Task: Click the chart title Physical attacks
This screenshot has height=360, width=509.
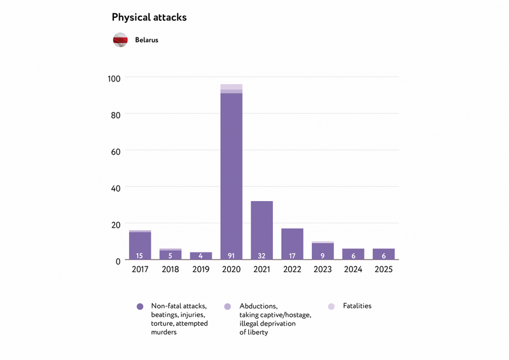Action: pyautogui.click(x=149, y=18)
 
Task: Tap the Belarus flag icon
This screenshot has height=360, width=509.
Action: pyautogui.click(x=121, y=40)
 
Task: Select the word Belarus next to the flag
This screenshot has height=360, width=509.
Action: pyautogui.click(x=146, y=40)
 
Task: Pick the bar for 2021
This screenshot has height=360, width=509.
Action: pyautogui.click(x=261, y=229)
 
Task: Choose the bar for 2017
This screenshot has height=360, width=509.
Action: pyautogui.click(x=140, y=245)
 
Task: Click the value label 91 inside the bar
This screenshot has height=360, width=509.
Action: pyautogui.click(x=231, y=256)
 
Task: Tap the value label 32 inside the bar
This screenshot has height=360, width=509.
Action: pyautogui.click(x=261, y=256)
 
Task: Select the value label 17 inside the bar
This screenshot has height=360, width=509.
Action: pyautogui.click(x=292, y=256)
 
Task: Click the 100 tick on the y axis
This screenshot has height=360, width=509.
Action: pyautogui.click(x=114, y=78)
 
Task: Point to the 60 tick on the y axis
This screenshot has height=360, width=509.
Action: pyautogui.click(x=116, y=151)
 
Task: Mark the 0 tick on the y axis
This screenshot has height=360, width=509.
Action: pyautogui.click(x=118, y=261)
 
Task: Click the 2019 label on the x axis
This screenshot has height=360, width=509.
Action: pyautogui.click(x=200, y=270)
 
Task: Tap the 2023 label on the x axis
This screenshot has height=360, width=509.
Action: pyautogui.click(x=323, y=270)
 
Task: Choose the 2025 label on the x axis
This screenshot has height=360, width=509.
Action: pyautogui.click(x=384, y=270)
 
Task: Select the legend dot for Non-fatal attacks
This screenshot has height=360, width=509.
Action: pyautogui.click(x=140, y=307)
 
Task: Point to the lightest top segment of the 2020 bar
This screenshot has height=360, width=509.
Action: pyautogui.click(x=231, y=87)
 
